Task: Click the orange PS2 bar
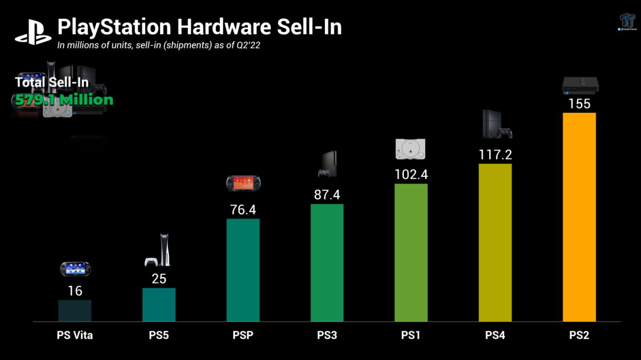580,217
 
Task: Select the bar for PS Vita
75,311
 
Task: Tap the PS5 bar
159,304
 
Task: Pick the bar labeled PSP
243,270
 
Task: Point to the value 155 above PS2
580,104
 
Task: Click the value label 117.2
495,155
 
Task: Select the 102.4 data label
411,175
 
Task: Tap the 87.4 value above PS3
327,195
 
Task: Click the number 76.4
243,210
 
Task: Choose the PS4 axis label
495,336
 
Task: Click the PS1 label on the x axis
411,336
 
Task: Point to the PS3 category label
327,336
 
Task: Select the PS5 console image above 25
159,251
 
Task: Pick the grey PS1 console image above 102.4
411,148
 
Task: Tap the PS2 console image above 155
580,85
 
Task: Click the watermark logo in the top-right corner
627,22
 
